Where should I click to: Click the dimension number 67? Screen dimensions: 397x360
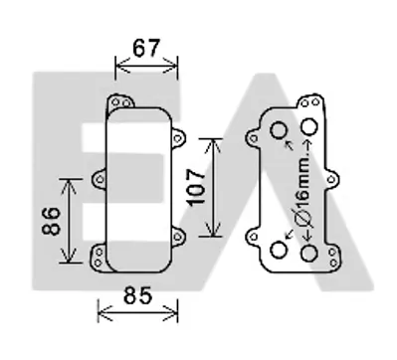coord(146,48)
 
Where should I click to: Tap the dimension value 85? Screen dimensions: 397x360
coord(137,295)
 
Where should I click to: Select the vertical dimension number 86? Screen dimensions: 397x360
coord(52,221)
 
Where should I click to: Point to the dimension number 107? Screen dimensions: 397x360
coord(196,187)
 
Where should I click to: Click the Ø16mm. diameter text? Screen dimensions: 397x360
coord(303,190)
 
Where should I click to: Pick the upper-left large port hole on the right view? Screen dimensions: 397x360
coord(279,130)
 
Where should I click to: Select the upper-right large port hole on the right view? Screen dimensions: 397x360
coord(309,126)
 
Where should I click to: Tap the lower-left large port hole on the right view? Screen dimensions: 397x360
coord(279,250)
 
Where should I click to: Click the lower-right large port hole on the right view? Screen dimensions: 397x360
coord(309,254)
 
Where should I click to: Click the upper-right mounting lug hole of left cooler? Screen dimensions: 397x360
coord(178,138)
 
